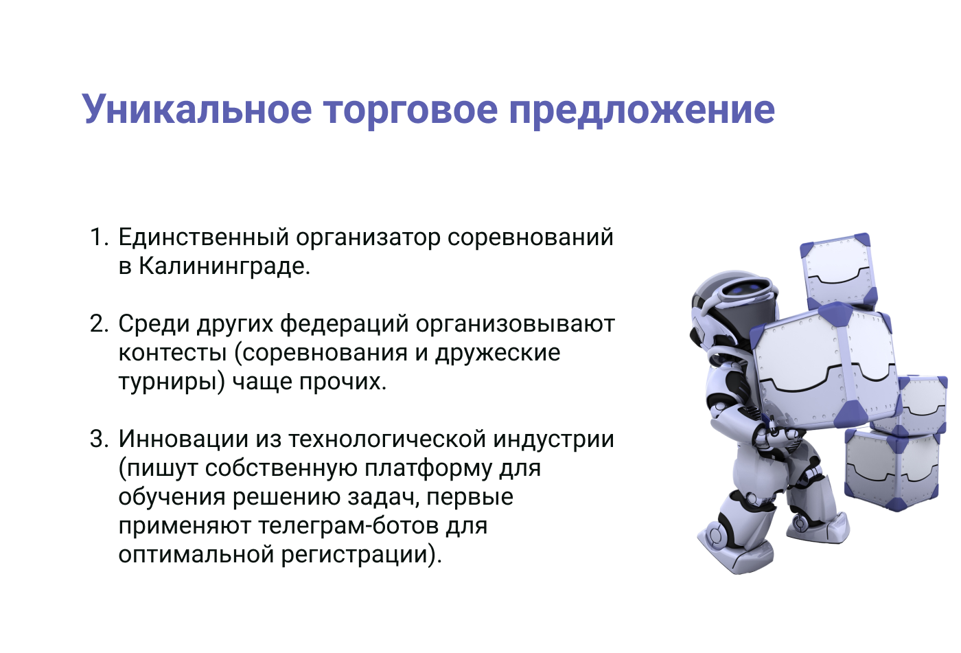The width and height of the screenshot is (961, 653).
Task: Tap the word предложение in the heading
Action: click(x=642, y=110)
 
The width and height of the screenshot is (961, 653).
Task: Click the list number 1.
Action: click(x=98, y=238)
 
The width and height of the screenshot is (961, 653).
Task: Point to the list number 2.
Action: click(x=99, y=324)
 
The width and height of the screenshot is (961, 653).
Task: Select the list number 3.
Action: click(x=99, y=439)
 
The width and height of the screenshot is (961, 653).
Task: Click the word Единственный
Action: click(x=203, y=238)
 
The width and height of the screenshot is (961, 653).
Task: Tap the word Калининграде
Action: click(x=224, y=266)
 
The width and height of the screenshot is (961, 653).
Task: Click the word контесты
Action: click(x=172, y=353)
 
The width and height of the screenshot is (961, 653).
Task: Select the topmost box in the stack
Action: click(x=838, y=271)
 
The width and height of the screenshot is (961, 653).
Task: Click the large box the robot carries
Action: click(x=824, y=364)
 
